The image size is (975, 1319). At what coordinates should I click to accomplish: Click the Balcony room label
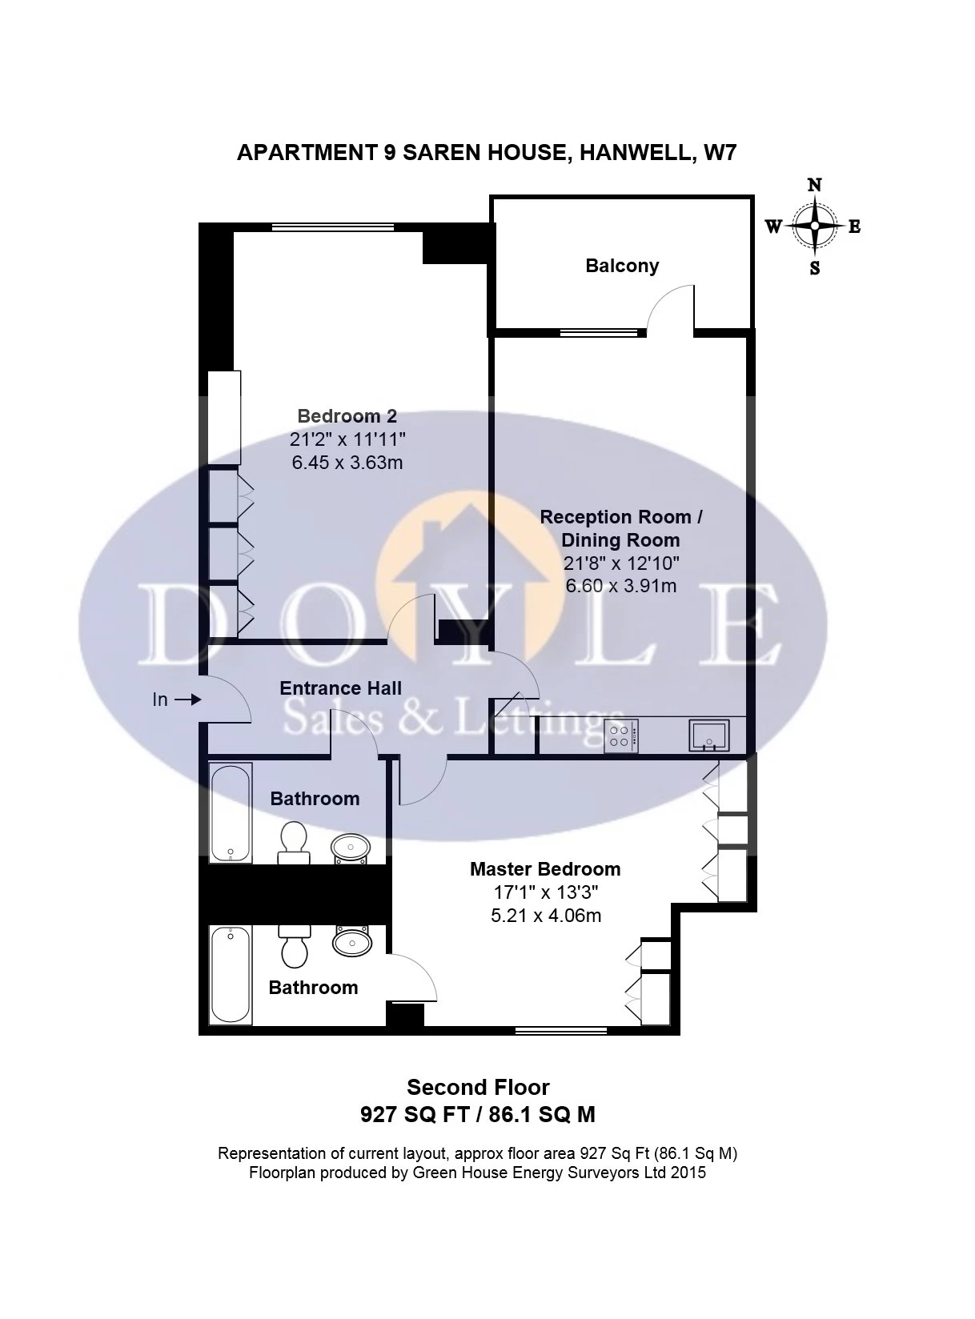pyautogui.click(x=622, y=265)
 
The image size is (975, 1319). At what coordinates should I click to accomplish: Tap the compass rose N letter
pyautogui.click(x=814, y=186)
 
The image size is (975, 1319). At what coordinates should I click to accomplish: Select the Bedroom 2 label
pyautogui.click(x=347, y=415)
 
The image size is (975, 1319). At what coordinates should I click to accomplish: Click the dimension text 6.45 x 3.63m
pyautogui.click(x=347, y=462)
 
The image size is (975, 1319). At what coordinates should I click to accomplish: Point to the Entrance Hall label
pyautogui.click(x=340, y=688)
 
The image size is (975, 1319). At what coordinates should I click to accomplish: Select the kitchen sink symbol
pyautogui.click(x=709, y=736)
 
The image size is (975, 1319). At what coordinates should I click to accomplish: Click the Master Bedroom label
pyautogui.click(x=545, y=869)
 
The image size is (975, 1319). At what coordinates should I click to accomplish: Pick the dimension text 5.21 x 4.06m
pyautogui.click(x=545, y=915)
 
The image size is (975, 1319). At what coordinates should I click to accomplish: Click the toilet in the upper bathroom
pyautogui.click(x=293, y=843)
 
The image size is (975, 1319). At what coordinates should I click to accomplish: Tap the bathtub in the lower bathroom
pyautogui.click(x=231, y=975)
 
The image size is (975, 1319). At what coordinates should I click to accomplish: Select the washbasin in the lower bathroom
pyautogui.click(x=352, y=941)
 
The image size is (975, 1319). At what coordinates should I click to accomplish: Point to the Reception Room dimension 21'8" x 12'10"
pyautogui.click(x=621, y=563)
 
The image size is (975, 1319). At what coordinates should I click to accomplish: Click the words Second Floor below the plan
pyautogui.click(x=478, y=1087)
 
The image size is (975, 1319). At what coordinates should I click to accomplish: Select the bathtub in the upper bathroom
pyautogui.click(x=231, y=813)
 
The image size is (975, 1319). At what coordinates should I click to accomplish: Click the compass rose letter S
pyautogui.click(x=814, y=268)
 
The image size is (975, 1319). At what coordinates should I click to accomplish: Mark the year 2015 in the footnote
pyautogui.click(x=689, y=1172)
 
